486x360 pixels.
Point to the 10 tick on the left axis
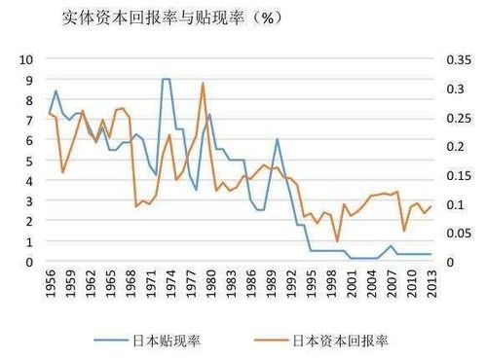click(x=28, y=60)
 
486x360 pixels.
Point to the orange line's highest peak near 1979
click(x=203, y=83)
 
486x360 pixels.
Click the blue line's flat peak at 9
click(x=166, y=79)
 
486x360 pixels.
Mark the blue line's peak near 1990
click(x=277, y=139)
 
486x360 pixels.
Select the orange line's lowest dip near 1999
click(x=337, y=241)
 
